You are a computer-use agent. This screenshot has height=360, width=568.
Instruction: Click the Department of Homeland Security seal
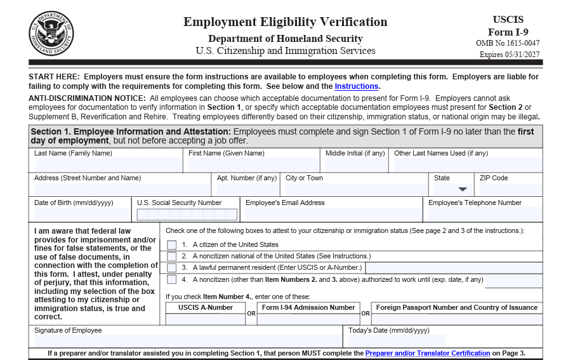click(51, 33)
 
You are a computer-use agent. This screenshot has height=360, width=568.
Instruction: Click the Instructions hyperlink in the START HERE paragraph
click(357, 86)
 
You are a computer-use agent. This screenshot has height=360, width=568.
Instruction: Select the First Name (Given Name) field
click(254, 165)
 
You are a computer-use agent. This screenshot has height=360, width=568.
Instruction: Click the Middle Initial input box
click(355, 165)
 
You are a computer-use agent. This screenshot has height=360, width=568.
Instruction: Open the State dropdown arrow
click(463, 189)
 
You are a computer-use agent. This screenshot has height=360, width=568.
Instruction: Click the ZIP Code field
click(510, 189)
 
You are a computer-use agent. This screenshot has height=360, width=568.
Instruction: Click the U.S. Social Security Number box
click(186, 215)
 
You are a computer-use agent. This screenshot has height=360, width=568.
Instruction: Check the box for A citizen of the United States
click(172, 245)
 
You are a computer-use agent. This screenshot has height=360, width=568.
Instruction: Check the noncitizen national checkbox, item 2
click(172, 257)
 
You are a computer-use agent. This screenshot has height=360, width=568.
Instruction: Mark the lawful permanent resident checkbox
click(172, 268)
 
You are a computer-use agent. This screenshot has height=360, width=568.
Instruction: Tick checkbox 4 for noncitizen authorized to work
click(172, 279)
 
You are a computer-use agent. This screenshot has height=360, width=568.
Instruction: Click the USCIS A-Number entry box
click(205, 319)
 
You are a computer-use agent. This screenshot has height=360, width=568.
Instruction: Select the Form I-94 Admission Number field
click(308, 319)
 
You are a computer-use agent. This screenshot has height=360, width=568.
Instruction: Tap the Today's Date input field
click(396, 341)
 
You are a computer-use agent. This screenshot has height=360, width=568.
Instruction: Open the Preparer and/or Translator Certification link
click(427, 354)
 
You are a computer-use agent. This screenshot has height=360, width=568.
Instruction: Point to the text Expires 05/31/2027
click(510, 55)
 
